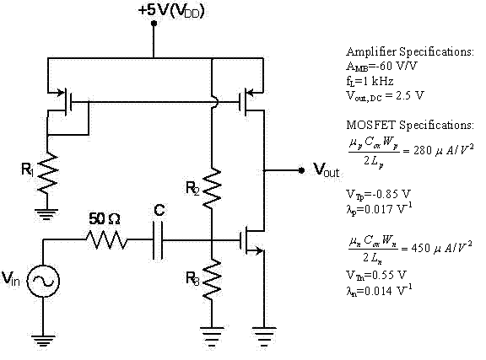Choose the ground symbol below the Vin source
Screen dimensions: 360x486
(42, 340)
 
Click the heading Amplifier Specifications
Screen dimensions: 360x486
(410, 51)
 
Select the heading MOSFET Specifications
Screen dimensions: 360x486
(408, 124)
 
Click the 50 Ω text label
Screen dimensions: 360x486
(105, 218)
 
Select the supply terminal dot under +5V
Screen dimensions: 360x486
(154, 24)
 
